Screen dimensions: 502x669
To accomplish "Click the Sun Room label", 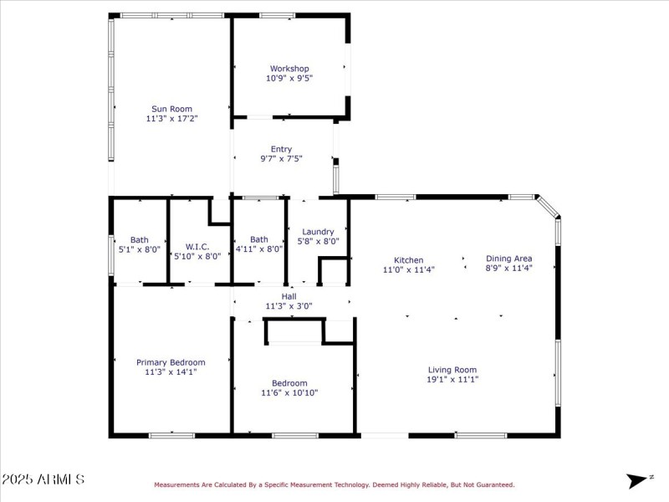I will click(171, 109).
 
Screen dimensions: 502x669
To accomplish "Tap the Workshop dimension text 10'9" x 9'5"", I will click(289, 78).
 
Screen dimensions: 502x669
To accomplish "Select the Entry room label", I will click(281, 149).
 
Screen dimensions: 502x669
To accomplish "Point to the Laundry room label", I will click(318, 232).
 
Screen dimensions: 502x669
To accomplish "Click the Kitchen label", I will click(403, 260).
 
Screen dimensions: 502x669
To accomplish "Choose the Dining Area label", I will click(508, 259).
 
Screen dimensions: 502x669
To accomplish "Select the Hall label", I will click(289, 296).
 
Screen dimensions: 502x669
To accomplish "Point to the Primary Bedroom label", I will click(171, 362).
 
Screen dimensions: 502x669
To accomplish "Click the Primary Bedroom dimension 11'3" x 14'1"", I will click(171, 372).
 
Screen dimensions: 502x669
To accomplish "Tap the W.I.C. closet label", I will click(197, 247).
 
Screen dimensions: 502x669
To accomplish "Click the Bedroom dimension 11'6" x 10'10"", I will click(289, 392).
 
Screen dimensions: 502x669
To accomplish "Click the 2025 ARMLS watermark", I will click(43, 479).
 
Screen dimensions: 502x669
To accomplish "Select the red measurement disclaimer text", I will click(334, 484).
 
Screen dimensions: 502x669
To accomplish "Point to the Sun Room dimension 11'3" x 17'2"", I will click(171, 119).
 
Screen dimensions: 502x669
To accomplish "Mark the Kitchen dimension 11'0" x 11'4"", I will click(403, 269).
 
